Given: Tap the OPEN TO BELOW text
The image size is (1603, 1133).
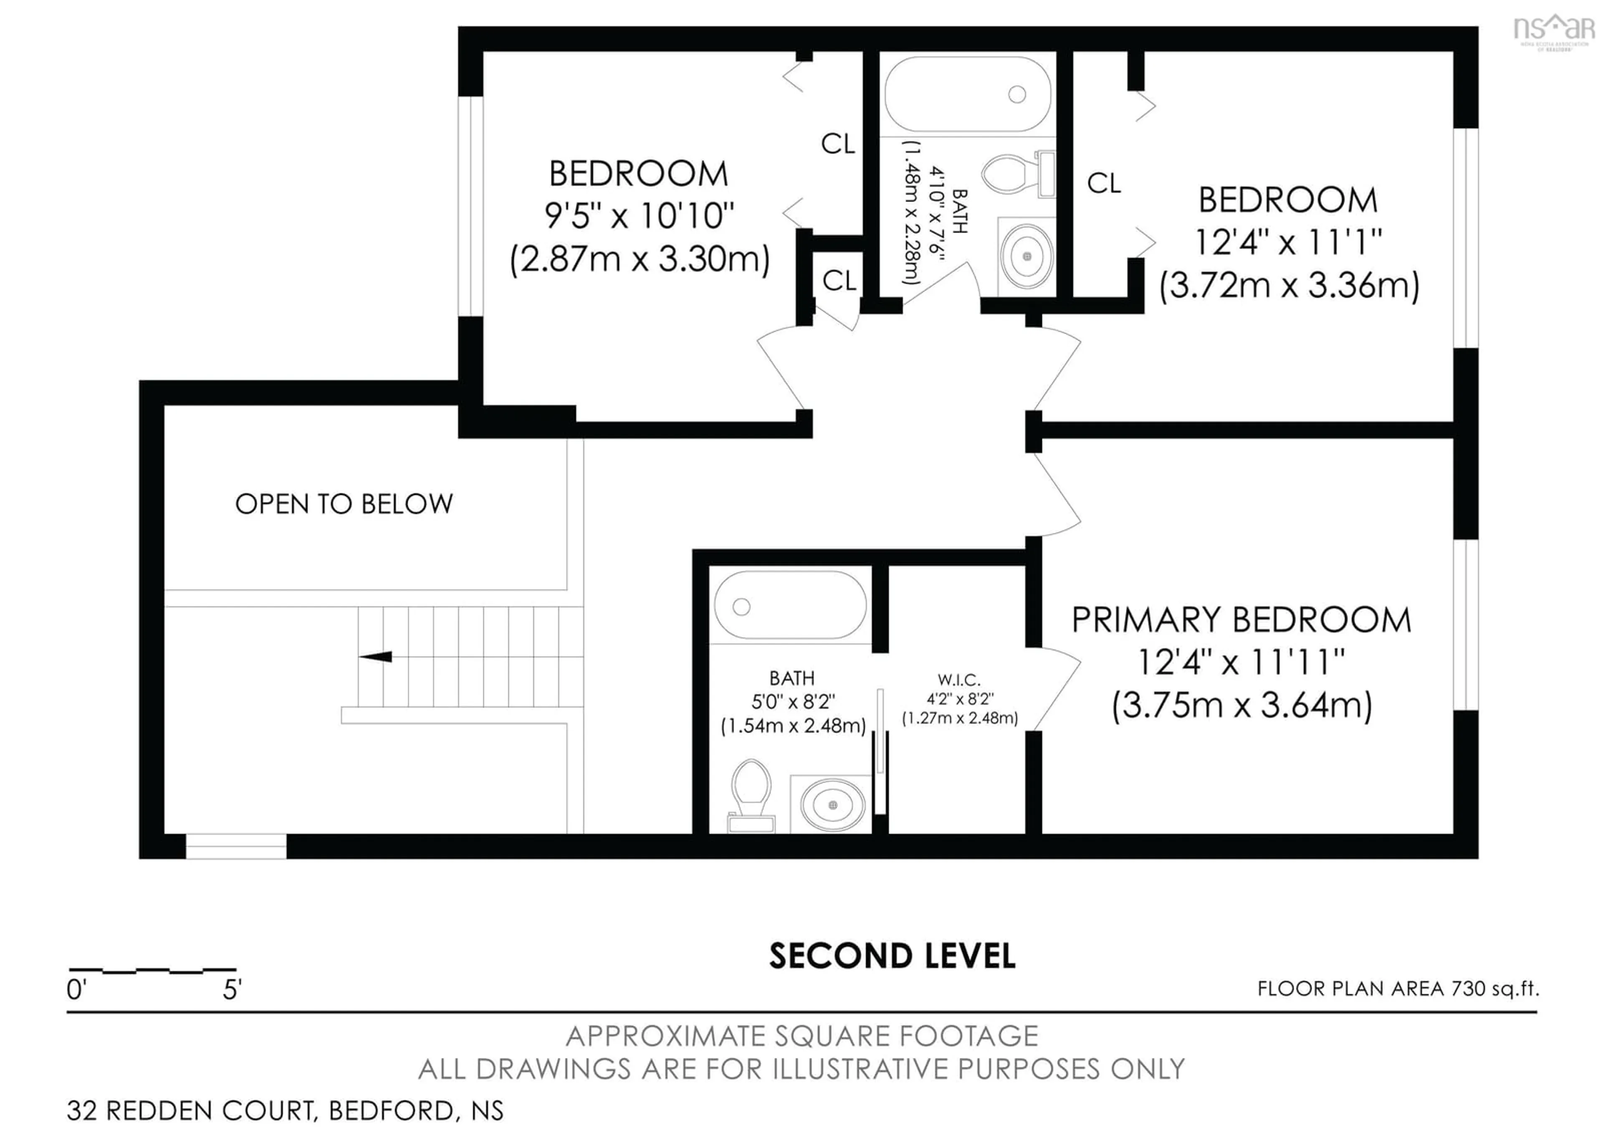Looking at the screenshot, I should click(344, 504).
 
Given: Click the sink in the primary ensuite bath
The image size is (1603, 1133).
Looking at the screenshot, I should click(832, 805).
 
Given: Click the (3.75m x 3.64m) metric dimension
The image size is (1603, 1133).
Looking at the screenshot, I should click(1242, 705).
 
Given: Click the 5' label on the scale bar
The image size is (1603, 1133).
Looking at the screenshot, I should click(232, 989).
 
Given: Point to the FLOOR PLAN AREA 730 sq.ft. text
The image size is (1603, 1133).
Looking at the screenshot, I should click(1398, 989).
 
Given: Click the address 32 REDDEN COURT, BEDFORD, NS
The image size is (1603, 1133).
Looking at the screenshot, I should click(285, 1110).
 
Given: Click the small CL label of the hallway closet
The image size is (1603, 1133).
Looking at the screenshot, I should click(839, 281).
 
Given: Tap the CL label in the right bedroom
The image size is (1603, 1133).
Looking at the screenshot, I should click(1104, 184).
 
